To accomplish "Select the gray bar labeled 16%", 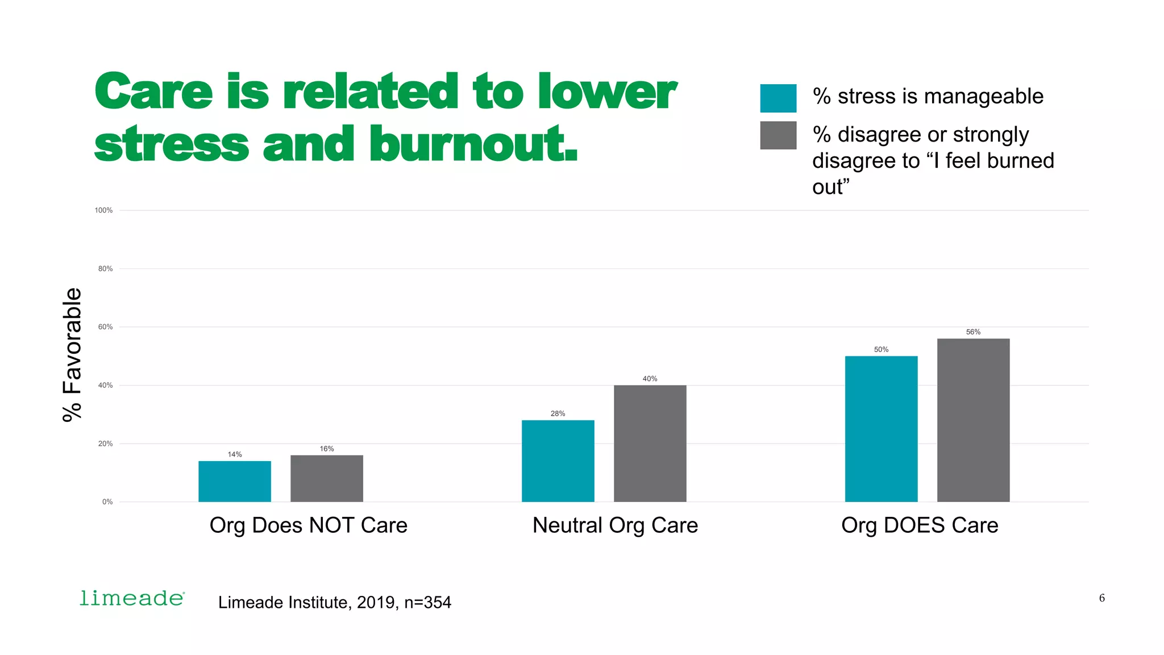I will [326, 478].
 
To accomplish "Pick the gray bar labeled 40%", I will [650, 443].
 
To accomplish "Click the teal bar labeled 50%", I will [881, 429].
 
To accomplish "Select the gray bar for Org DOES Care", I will [973, 420].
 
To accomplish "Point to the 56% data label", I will [973, 332].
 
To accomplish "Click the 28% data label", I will [558, 413].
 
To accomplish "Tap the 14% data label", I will [235, 454].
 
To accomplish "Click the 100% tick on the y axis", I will [103, 210].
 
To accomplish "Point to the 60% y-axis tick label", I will [105, 327].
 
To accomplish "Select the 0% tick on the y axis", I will [107, 501].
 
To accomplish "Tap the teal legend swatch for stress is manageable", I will [778, 98].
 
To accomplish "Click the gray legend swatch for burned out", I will [778, 135].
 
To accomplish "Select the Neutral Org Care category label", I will [615, 525].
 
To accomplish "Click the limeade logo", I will [132, 598].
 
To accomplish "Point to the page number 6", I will [1101, 598].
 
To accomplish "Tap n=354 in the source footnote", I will [427, 602].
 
